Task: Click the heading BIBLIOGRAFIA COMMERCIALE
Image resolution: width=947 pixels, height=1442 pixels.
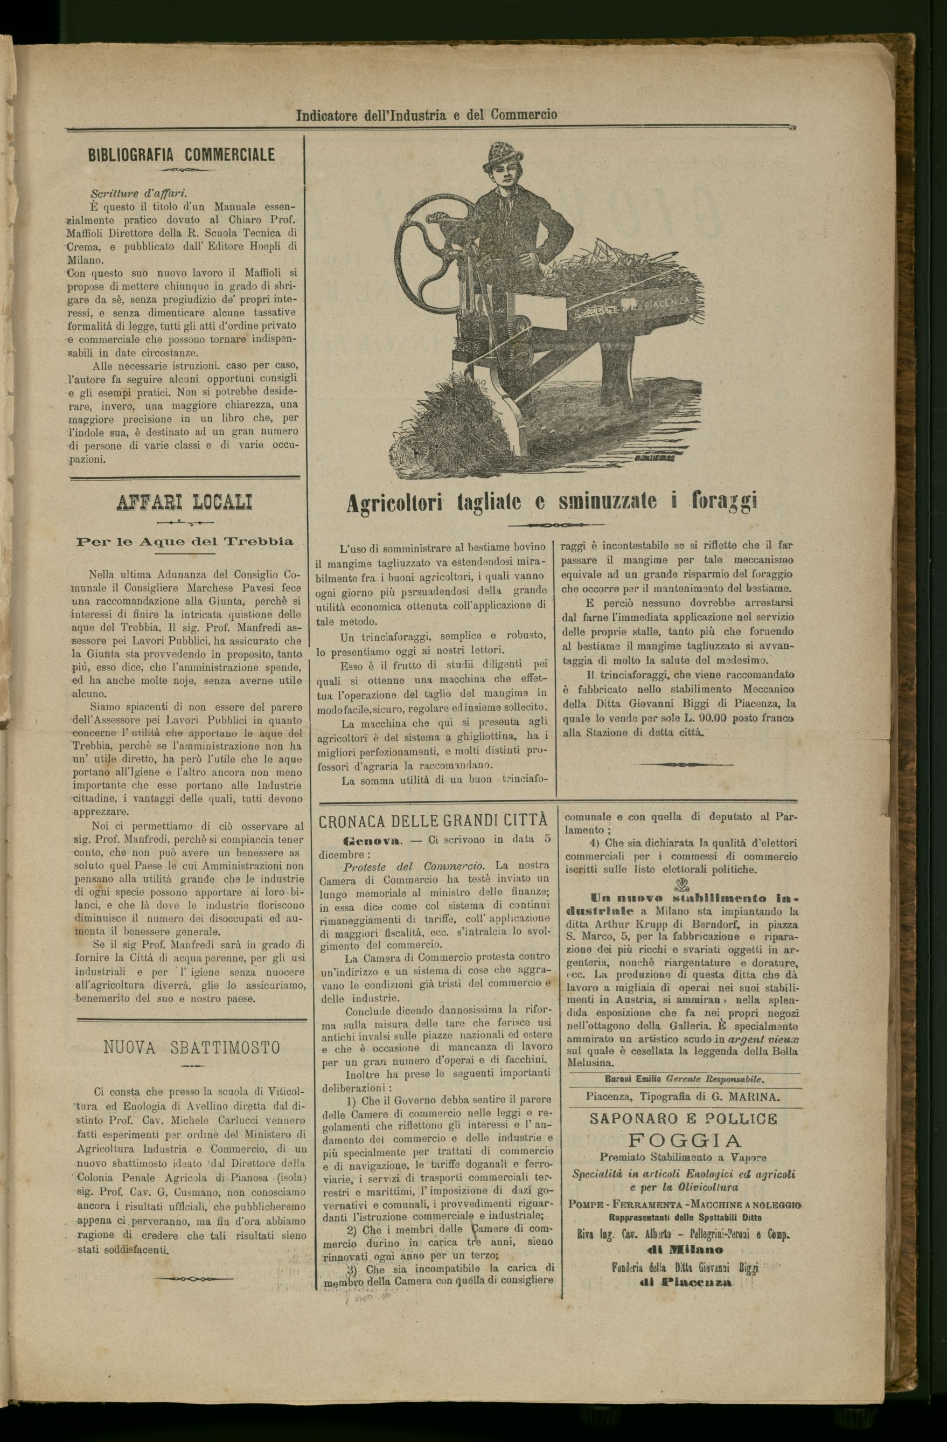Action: (182, 155)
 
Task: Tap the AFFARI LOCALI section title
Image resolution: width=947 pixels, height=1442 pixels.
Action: (184, 502)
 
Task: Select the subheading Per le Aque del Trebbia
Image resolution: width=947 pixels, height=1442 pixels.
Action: (185, 542)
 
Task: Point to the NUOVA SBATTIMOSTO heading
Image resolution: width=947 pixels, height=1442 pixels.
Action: (192, 1048)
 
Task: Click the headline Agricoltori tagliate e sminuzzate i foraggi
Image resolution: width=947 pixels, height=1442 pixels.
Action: (552, 503)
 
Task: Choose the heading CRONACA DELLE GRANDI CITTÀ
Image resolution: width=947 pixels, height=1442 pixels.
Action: (433, 821)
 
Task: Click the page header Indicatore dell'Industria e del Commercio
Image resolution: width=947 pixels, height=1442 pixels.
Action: (426, 115)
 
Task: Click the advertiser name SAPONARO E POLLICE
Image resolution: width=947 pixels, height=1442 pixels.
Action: (683, 1119)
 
